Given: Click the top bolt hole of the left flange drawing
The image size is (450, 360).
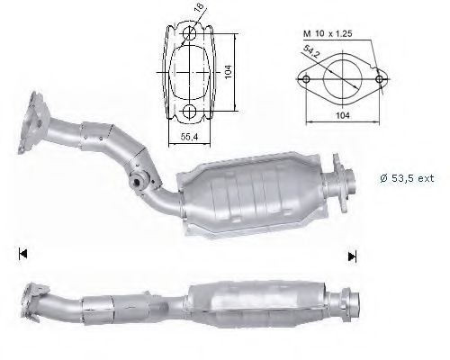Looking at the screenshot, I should click(x=192, y=35).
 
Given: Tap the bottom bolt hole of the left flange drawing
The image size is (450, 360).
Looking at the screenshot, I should click(x=192, y=111).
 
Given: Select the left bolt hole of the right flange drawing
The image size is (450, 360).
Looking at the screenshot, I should click(x=306, y=79).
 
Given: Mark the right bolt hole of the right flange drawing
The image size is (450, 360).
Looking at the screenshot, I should click(x=383, y=79).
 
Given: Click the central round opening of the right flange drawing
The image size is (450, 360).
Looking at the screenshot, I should click(x=345, y=76).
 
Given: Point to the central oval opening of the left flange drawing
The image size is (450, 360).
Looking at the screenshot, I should click(x=192, y=73).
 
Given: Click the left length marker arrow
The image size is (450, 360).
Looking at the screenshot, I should click(x=21, y=255).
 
